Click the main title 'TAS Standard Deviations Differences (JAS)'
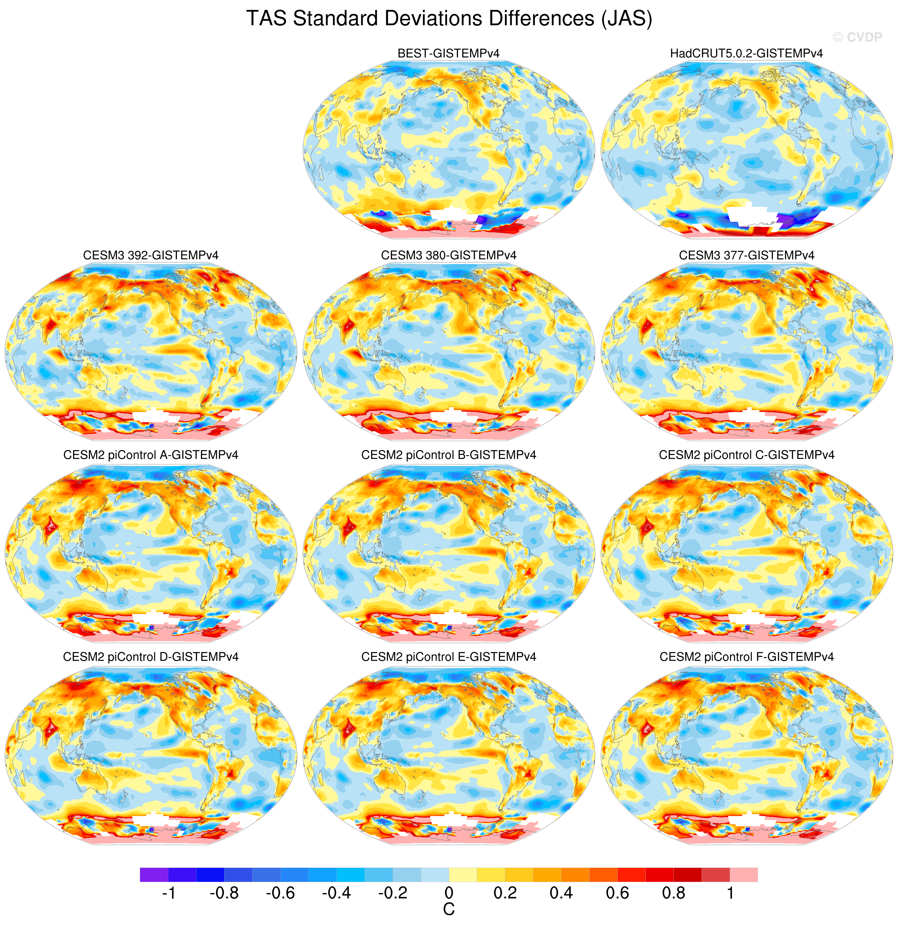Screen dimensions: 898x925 click(449, 19)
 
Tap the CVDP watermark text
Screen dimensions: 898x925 click(857, 37)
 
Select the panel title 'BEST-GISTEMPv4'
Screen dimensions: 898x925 click(449, 53)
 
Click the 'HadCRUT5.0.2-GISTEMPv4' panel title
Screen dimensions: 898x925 click(747, 53)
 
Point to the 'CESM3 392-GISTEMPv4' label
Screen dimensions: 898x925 click(151, 255)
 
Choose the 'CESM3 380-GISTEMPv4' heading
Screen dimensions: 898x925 click(449, 255)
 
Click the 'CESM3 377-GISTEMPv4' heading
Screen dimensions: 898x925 click(747, 255)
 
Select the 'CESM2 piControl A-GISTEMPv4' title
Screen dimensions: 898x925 click(151, 455)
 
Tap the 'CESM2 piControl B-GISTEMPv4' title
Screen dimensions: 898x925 click(449, 455)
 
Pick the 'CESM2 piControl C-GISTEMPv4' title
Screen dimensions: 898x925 click(747, 455)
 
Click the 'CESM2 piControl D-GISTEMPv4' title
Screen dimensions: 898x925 click(151, 657)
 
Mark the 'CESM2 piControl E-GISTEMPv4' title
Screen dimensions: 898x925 click(449, 657)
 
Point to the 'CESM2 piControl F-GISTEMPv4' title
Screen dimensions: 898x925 click(747, 657)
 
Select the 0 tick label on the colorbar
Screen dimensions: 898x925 click(449, 893)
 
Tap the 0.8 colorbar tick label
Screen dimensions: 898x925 click(673, 893)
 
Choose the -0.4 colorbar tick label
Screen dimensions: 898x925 click(336, 893)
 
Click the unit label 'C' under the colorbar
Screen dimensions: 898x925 click(449, 909)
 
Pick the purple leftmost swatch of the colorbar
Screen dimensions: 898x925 click(154, 874)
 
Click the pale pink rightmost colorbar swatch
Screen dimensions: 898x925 click(744, 874)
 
